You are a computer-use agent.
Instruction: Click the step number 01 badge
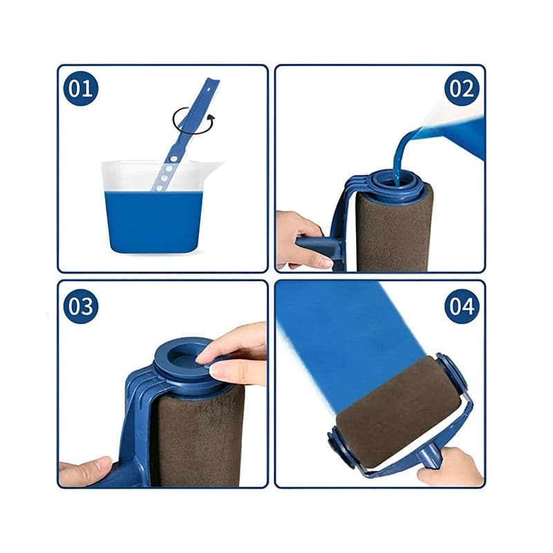[81, 88]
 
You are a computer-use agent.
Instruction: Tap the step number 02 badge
[462, 88]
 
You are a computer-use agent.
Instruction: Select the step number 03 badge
[81, 306]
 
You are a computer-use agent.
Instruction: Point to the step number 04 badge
[462, 306]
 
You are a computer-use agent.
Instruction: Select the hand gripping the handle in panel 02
[299, 239]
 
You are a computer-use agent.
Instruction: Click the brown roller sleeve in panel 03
[197, 435]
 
